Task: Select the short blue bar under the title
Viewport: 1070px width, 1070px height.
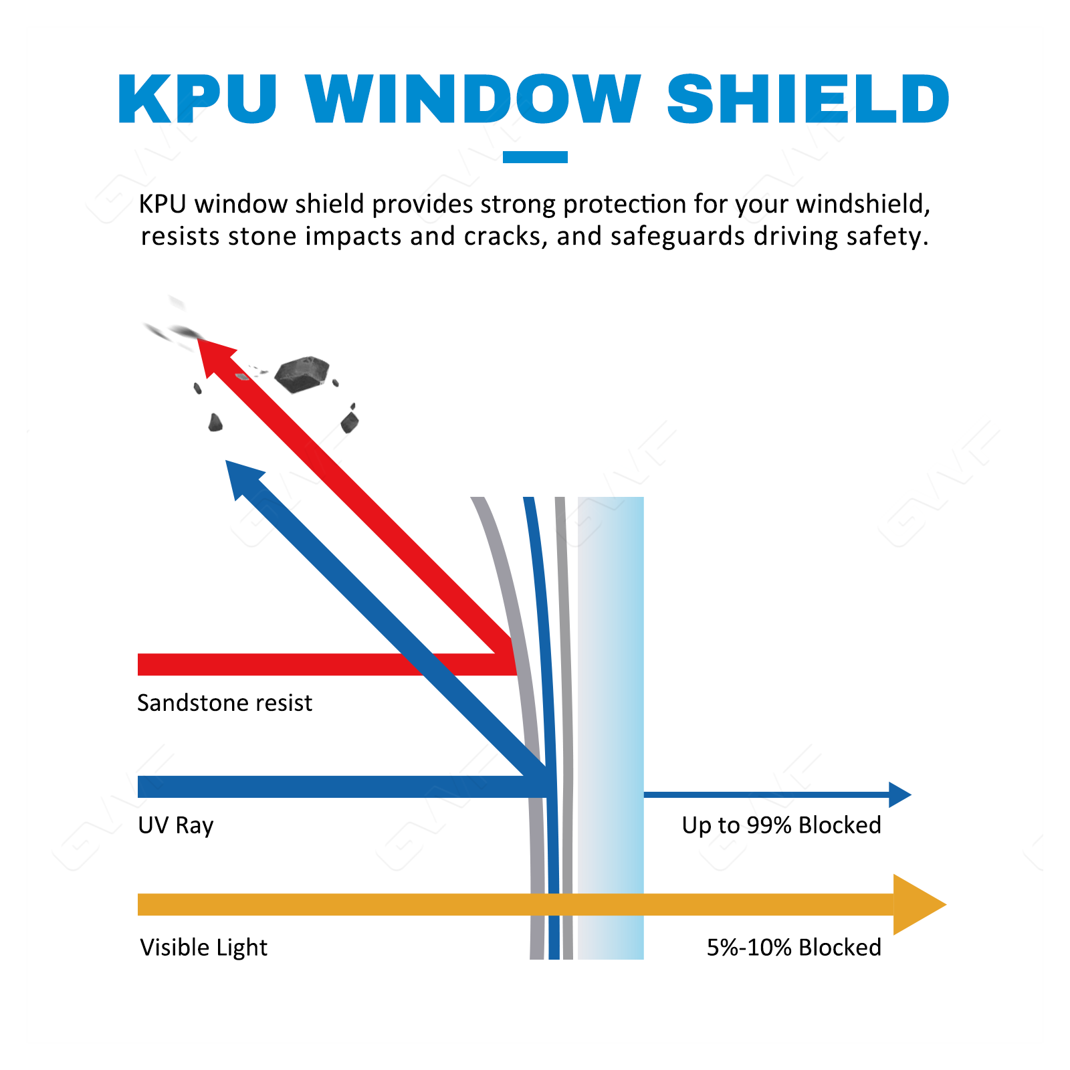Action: [535, 157]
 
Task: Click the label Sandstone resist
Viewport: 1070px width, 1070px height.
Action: [225, 703]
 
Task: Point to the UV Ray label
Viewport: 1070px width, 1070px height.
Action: [175, 825]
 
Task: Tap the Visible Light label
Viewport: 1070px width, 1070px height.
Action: [203, 948]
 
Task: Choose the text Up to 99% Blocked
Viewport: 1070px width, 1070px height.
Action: [781, 825]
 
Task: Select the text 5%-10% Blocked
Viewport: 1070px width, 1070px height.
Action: [794, 948]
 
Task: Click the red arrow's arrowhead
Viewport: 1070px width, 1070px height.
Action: [213, 354]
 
